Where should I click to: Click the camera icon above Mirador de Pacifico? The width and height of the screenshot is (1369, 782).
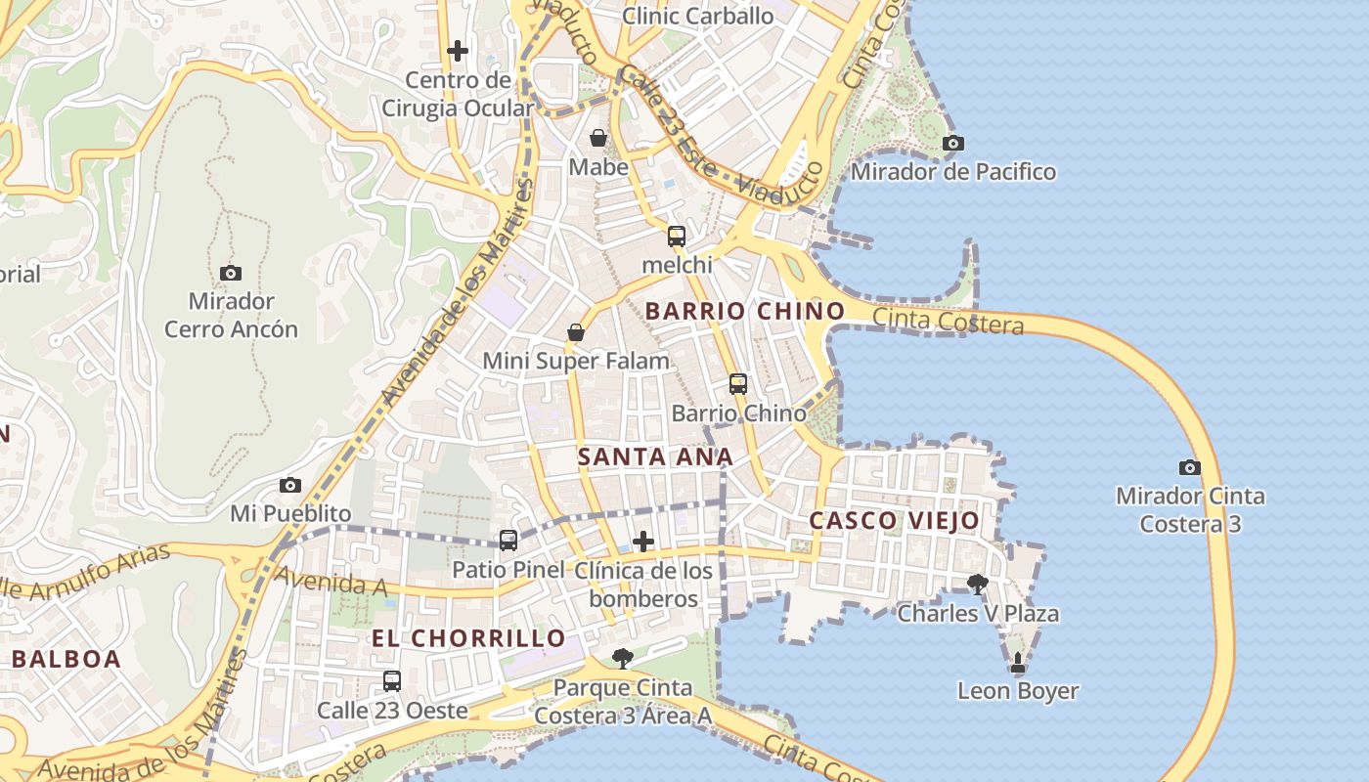952,144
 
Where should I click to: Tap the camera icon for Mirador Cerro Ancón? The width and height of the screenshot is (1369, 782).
231,273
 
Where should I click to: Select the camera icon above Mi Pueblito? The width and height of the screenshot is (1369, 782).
290,485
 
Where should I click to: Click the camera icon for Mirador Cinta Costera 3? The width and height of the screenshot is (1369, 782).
1189,467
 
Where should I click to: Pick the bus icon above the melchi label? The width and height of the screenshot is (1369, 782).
677,236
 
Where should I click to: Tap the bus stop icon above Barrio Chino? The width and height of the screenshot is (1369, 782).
738,384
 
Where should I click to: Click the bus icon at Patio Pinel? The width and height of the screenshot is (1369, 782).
508,540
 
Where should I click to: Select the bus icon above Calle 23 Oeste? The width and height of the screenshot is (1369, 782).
392,681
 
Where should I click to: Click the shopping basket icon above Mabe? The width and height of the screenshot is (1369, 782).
598,138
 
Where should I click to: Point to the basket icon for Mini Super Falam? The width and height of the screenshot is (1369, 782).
577,332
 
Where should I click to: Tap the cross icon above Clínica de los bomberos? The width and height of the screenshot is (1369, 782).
643,541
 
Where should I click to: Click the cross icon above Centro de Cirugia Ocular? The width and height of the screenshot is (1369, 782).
458,50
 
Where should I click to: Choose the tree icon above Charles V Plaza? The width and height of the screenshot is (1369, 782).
977,585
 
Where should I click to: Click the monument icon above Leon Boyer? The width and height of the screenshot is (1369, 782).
1018,662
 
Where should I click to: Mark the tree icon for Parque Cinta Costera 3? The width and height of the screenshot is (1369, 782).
622,658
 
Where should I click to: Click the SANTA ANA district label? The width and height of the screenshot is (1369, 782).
655,456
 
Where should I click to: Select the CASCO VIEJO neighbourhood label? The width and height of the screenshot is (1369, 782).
894,520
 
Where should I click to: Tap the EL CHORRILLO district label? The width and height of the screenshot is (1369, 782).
467,638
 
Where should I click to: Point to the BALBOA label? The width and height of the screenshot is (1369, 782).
66,659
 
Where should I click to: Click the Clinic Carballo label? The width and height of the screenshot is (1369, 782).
697,16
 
